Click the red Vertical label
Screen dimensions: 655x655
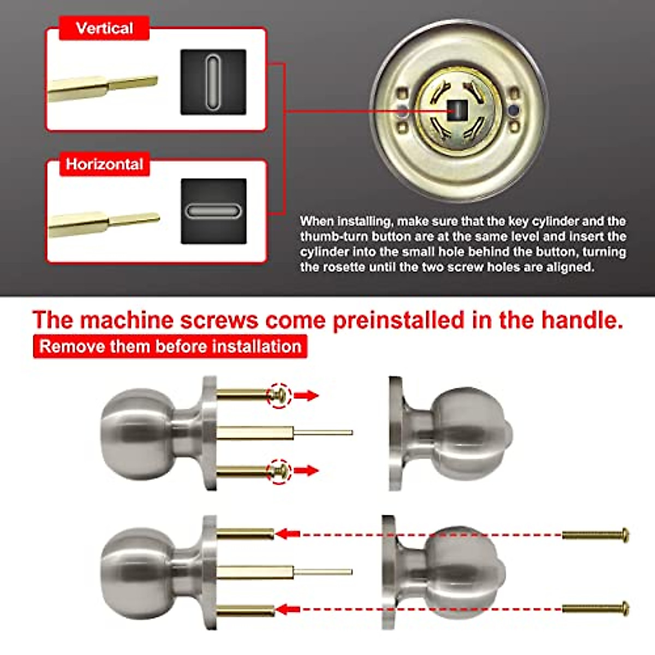click(104, 28)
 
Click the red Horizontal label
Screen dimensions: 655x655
click(104, 164)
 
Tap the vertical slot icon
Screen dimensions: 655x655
click(213, 82)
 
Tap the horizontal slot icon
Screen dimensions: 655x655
click(213, 211)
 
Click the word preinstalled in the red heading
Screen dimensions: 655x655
click(398, 320)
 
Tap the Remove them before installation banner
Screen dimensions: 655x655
click(170, 347)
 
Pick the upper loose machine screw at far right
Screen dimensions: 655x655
click(596, 535)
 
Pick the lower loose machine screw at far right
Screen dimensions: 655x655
click(596, 608)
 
